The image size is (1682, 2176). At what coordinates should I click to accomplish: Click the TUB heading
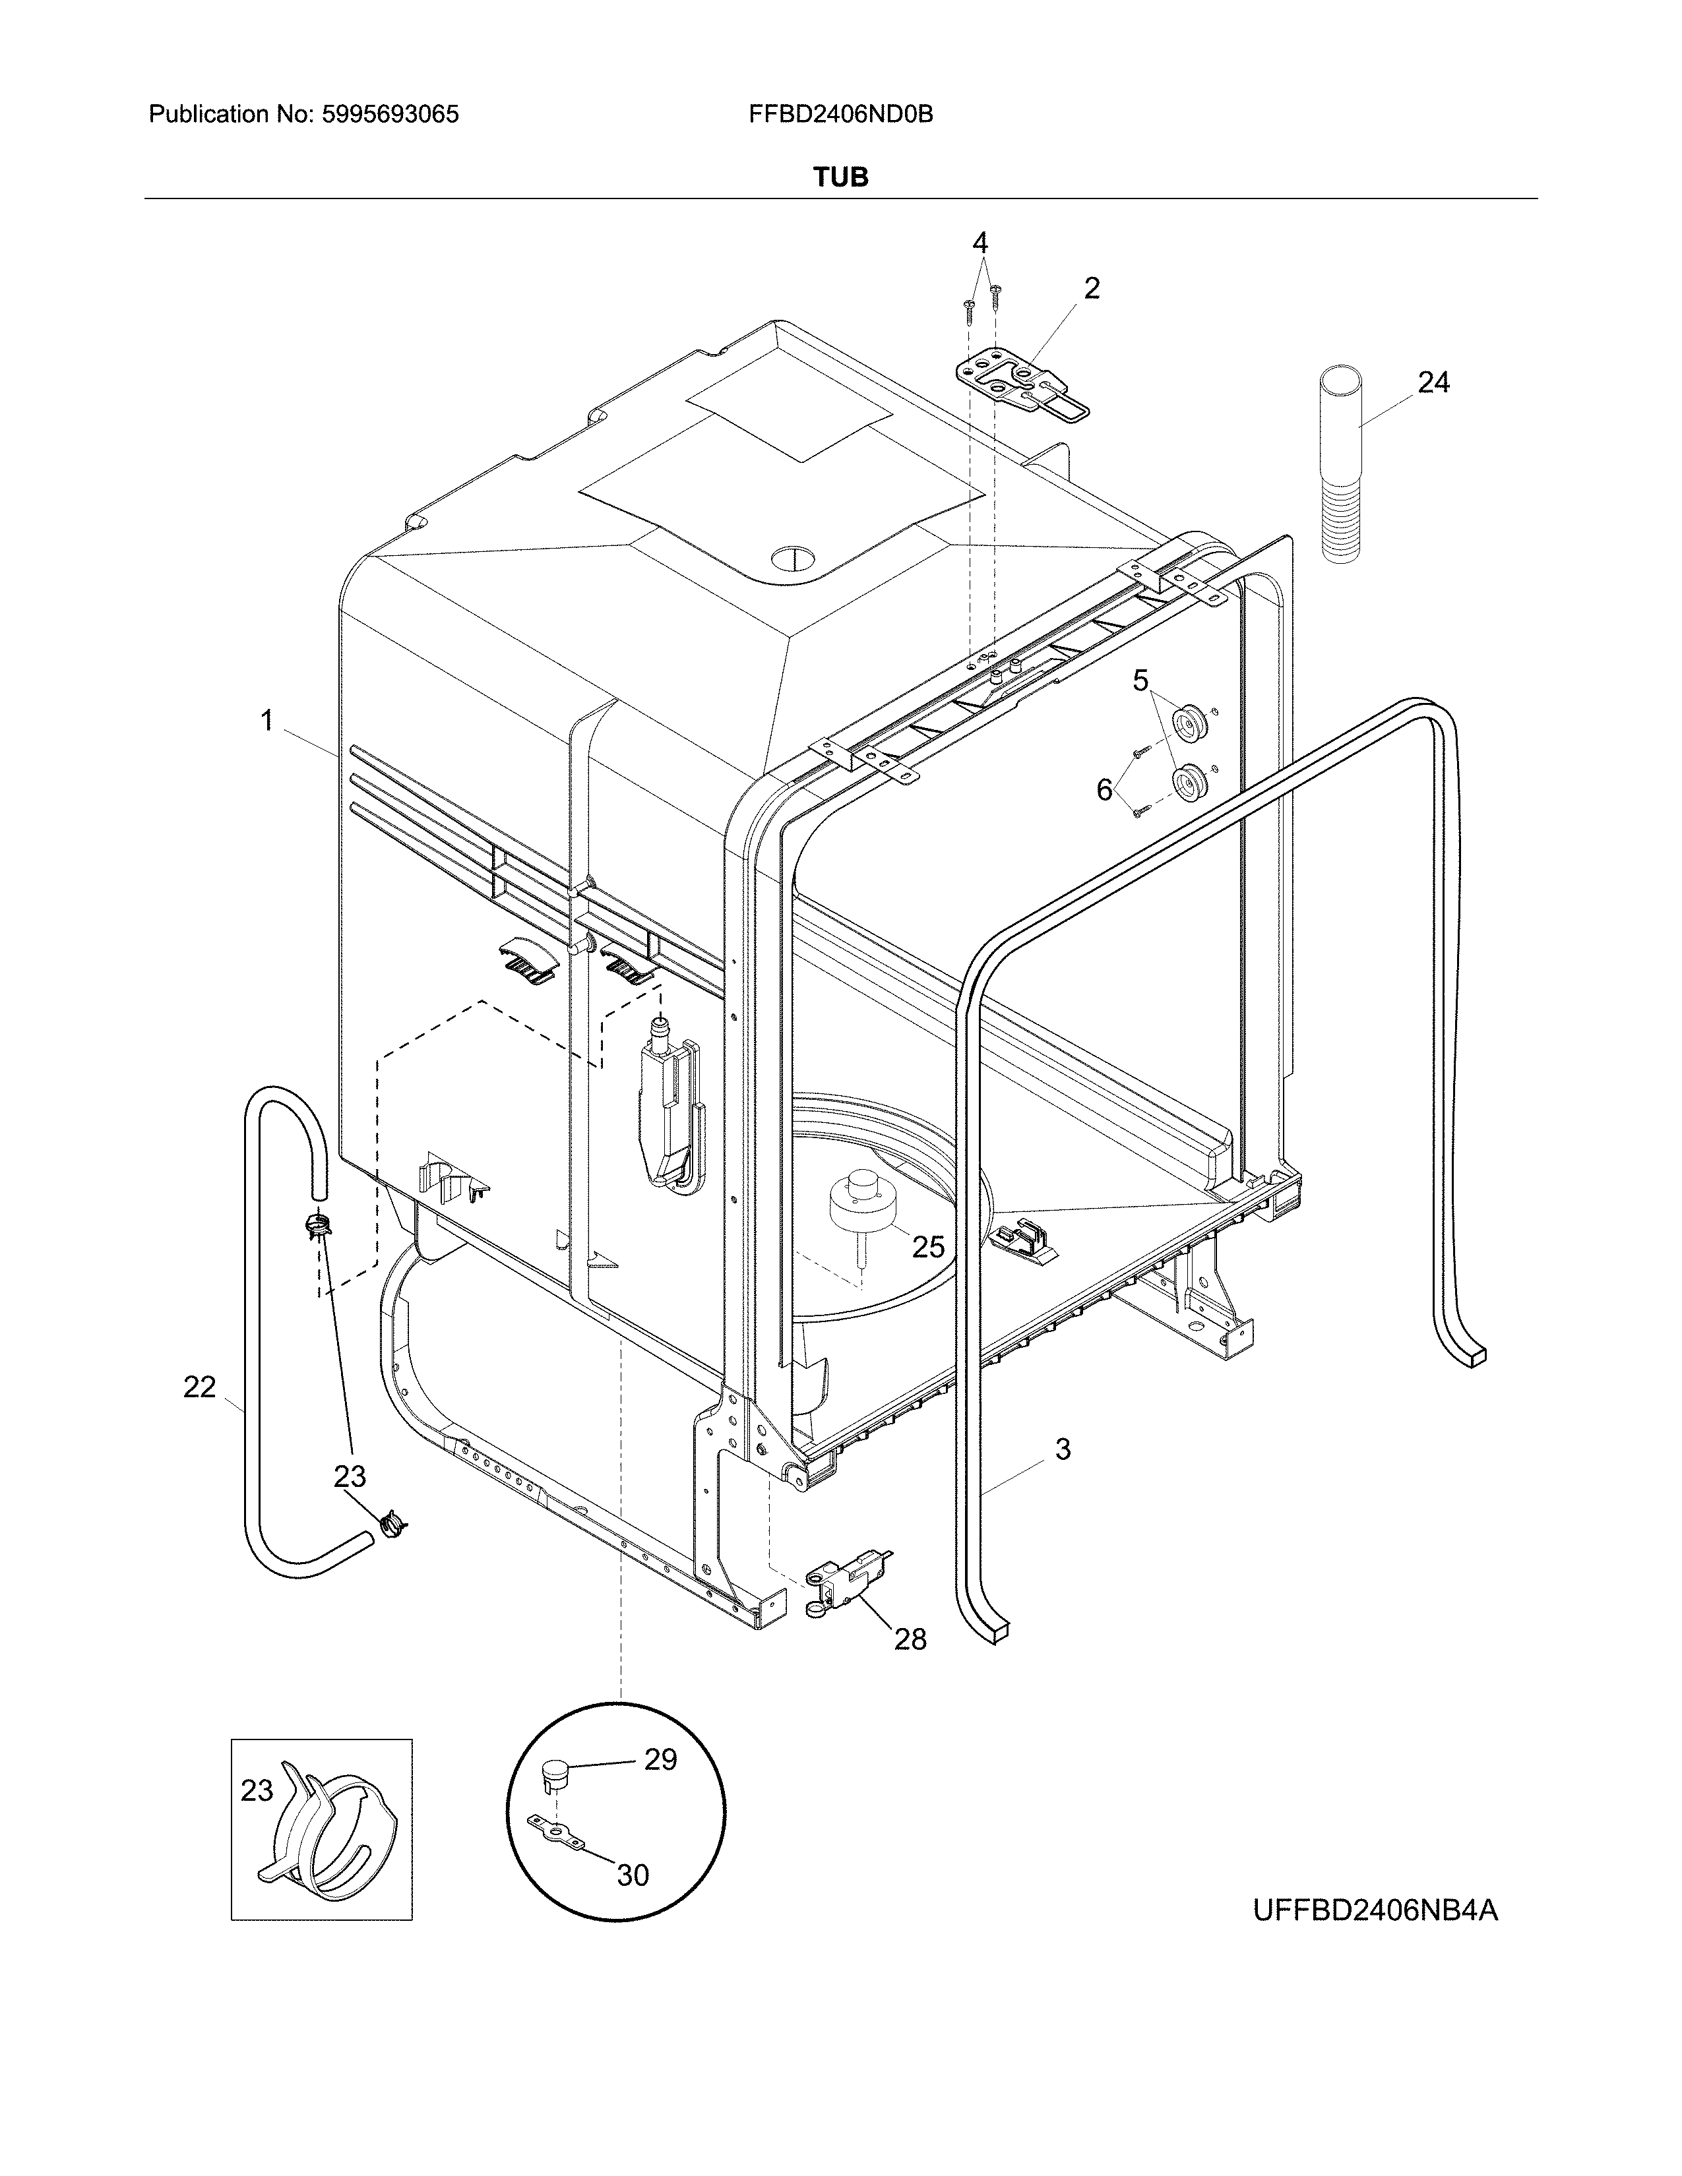840,177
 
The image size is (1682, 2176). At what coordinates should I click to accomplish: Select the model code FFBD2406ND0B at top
840,115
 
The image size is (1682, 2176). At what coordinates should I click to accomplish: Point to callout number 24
1433,382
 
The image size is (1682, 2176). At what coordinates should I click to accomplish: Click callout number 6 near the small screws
1104,790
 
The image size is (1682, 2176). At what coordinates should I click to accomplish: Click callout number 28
910,1639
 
